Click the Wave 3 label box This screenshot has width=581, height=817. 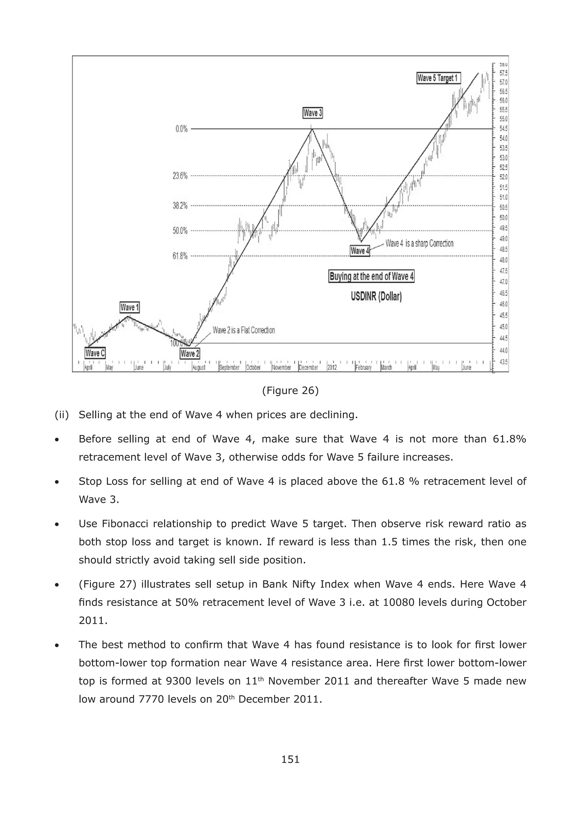click(313, 113)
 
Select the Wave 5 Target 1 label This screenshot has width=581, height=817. click(438, 78)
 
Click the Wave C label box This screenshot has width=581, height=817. click(95, 353)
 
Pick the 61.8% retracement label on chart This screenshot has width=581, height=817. click(180, 256)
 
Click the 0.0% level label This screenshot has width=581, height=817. click(181, 129)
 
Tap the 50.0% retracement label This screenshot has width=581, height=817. click(180, 231)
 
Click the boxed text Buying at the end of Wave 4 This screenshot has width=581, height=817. click(371, 277)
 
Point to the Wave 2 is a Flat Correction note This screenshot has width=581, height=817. click(244, 330)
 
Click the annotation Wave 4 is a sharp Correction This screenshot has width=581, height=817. click(419, 244)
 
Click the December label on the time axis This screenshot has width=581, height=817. click(308, 368)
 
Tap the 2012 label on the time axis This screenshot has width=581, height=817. click(332, 368)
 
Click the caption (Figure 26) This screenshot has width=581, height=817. click(290, 391)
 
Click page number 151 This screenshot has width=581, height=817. click(290, 759)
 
